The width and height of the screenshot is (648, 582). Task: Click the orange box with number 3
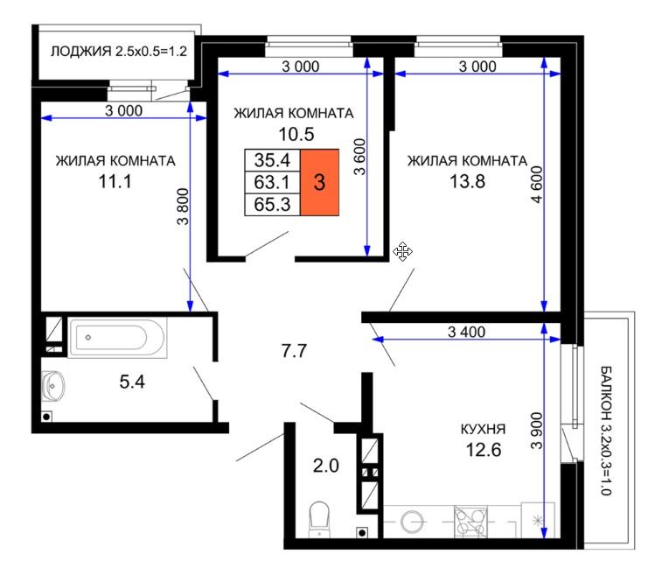[x=319, y=182]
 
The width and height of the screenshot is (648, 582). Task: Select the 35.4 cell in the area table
[x=272, y=160]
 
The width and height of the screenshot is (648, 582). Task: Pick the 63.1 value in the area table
[x=272, y=182]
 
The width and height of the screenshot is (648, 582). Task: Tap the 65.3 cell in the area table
[x=272, y=204]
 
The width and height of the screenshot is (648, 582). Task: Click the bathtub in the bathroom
[x=117, y=338]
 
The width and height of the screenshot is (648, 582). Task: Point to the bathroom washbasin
[x=53, y=386]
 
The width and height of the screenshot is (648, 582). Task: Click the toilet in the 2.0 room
[x=319, y=519]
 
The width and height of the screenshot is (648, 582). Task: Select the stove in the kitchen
[x=470, y=522]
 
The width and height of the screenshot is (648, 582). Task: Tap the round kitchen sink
[x=412, y=522]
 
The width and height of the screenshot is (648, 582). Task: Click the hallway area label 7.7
[x=294, y=351]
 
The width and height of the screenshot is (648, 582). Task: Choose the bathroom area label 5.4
[x=132, y=382]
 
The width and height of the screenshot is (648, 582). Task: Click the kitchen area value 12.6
[x=484, y=449]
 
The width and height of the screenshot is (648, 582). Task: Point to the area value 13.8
[x=467, y=181]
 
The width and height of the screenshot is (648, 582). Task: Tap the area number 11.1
[x=115, y=181]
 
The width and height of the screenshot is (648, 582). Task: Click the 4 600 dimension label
[x=536, y=185]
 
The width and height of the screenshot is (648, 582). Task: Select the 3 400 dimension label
[x=467, y=332]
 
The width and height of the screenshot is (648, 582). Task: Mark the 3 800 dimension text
[x=183, y=207]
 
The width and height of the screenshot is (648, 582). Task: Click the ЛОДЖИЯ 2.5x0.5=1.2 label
[x=119, y=52]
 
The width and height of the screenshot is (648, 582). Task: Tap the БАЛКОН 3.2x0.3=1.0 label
[x=605, y=431]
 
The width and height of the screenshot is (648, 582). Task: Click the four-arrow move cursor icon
[x=402, y=251]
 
